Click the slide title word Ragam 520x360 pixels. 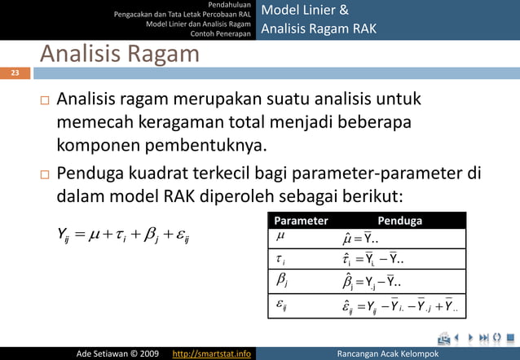click(x=161, y=55)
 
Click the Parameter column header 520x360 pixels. click(x=302, y=220)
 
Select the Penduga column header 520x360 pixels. click(x=400, y=220)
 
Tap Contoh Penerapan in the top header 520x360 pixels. click(x=220, y=33)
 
